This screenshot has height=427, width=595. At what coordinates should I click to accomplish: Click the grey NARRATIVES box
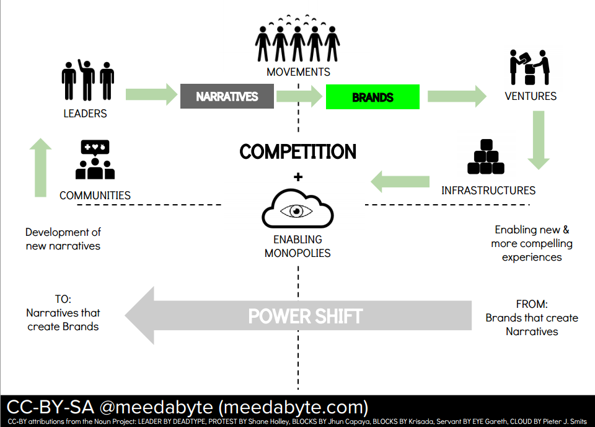[x=227, y=96]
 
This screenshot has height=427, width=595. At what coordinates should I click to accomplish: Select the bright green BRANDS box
[x=372, y=97]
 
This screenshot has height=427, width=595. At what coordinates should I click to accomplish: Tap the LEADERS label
[x=85, y=114]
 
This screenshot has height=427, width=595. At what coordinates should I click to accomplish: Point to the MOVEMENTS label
[x=298, y=72]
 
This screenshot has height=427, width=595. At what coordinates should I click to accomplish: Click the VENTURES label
[x=531, y=96]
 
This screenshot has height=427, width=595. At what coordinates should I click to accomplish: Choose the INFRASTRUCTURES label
[x=488, y=190]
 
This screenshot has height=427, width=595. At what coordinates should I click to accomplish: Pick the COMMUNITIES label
[x=95, y=196]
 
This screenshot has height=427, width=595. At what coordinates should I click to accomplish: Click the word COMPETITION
[x=298, y=151]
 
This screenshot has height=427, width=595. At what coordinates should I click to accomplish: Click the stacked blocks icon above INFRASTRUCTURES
[x=486, y=156]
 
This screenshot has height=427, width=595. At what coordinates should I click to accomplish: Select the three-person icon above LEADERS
[x=87, y=80]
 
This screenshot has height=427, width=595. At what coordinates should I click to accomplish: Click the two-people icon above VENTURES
[x=530, y=67]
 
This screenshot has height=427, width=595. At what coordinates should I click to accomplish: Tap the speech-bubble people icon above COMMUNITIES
[x=95, y=160]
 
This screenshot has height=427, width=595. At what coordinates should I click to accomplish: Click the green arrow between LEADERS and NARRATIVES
[x=151, y=95]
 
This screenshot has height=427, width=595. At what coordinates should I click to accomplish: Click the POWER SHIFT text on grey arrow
[x=305, y=316]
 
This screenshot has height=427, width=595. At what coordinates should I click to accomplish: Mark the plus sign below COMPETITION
[x=298, y=177]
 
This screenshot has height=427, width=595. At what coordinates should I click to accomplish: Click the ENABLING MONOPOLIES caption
[x=297, y=246]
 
